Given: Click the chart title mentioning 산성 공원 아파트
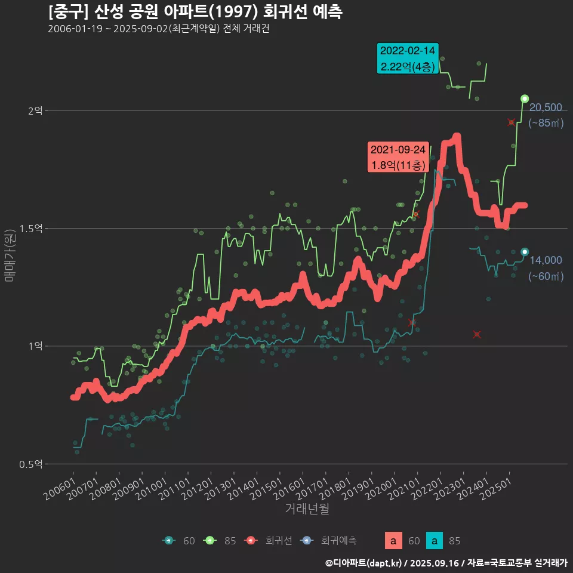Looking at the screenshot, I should click(195, 12).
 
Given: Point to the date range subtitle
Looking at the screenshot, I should click(158, 29).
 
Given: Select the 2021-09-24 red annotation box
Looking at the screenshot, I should click(398, 157).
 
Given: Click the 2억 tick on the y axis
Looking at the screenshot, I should click(35, 111).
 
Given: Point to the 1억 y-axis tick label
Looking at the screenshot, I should click(35, 346).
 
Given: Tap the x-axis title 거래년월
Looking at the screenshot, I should click(307, 509).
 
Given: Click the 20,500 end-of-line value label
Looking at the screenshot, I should click(546, 107).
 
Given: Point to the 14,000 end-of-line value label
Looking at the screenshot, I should click(546, 260).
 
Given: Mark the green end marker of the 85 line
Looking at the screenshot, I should click(525, 98).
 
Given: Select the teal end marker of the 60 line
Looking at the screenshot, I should click(525, 252).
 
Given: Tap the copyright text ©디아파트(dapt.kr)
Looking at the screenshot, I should click(365, 562).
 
